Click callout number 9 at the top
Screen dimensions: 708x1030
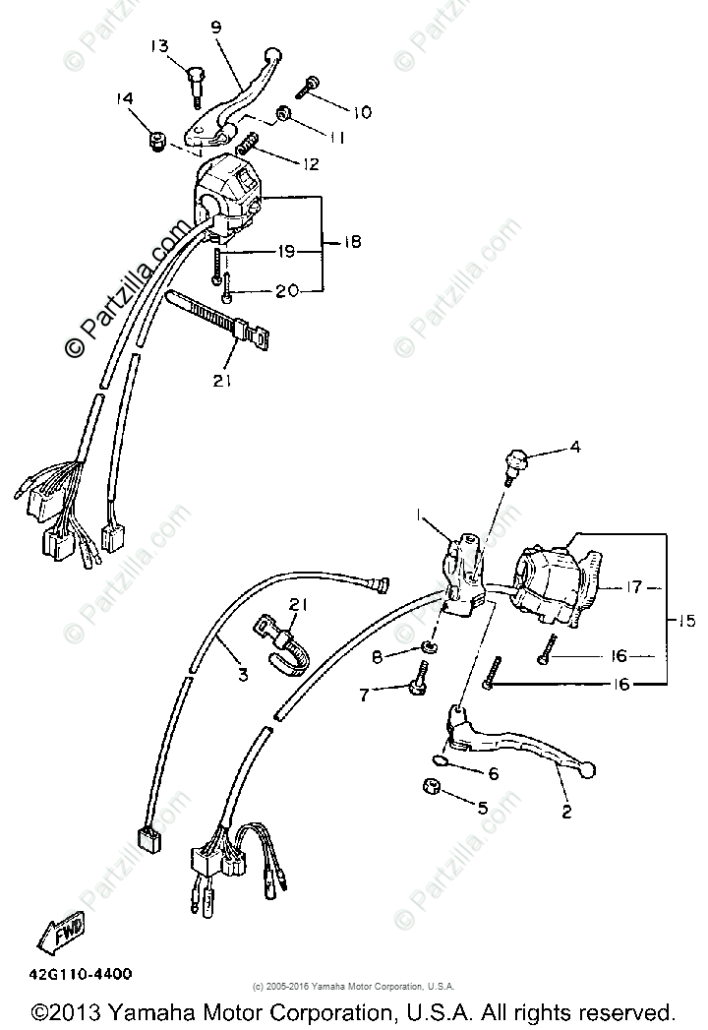216,28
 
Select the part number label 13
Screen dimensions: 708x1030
160,46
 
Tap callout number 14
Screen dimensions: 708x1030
124,98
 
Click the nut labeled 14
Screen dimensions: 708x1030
154,144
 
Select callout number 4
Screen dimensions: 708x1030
575,448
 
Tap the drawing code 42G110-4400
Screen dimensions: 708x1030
75,974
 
